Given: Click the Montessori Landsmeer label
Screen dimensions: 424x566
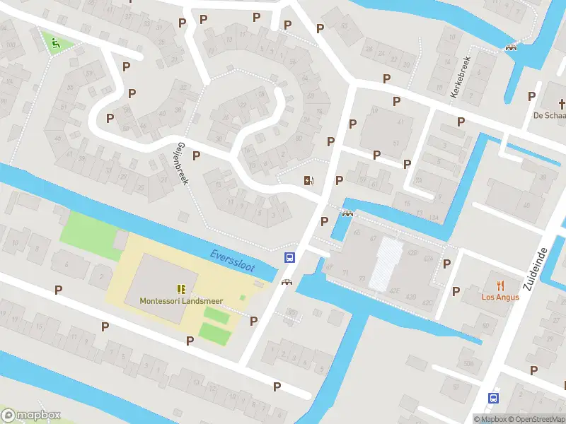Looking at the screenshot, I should [x=181, y=300].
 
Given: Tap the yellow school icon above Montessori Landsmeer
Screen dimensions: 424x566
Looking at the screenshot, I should [x=181, y=288].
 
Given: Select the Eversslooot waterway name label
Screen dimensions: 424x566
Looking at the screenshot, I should [x=232, y=259].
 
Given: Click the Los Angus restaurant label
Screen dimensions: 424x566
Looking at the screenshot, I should [x=501, y=297].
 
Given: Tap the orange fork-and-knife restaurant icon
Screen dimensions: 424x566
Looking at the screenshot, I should [x=501, y=285].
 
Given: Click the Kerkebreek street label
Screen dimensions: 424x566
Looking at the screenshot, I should [x=461, y=77].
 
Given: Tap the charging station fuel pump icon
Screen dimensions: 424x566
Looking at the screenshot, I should [x=308, y=181].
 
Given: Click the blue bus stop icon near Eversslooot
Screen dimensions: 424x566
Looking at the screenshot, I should [x=289, y=257].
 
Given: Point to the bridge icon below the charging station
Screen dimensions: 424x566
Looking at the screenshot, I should [x=347, y=214].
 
